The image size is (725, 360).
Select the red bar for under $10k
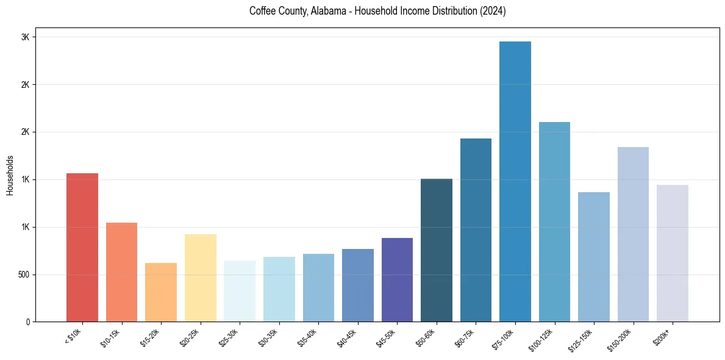click(x=82, y=247)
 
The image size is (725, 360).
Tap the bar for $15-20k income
click(x=161, y=292)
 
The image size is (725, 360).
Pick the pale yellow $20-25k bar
click(x=200, y=278)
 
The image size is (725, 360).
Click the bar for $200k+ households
click(x=672, y=253)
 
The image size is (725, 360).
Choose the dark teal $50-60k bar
click(x=437, y=250)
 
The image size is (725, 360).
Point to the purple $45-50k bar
click(x=397, y=279)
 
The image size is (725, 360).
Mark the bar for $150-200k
click(x=633, y=234)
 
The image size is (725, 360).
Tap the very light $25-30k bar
click(x=240, y=291)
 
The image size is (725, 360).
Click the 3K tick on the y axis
click(x=25, y=37)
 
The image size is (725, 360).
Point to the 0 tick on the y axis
click(x=27, y=322)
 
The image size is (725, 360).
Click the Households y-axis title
click(x=10, y=175)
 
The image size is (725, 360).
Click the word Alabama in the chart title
click(x=324, y=11)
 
